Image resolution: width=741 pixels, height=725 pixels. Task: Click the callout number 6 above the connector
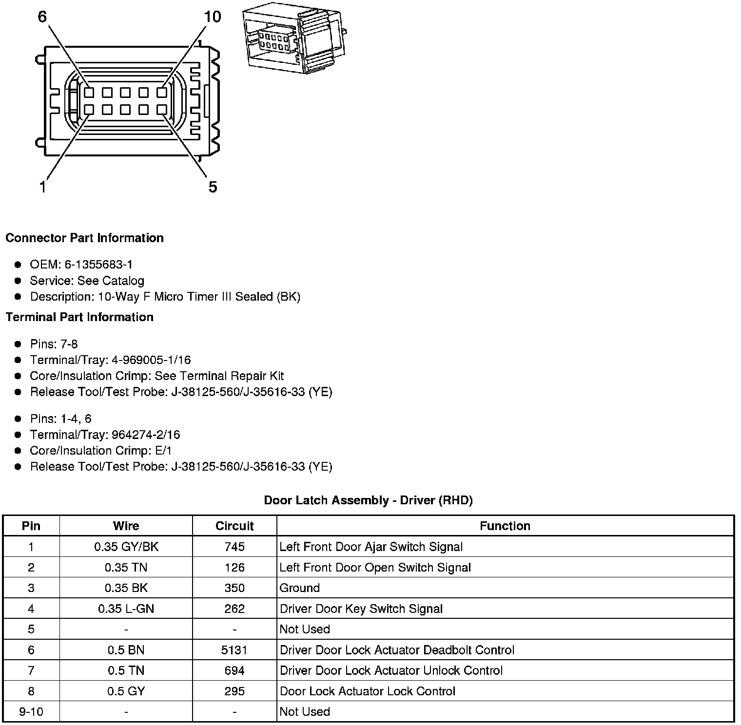click(42, 17)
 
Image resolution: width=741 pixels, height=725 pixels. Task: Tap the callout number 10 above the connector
click(213, 17)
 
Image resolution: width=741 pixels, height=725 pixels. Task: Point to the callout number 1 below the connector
click(43, 187)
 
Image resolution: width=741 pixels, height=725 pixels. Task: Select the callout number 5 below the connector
click(213, 187)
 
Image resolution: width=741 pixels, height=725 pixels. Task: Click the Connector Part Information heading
click(84, 238)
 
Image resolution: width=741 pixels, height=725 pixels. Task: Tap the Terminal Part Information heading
click(79, 317)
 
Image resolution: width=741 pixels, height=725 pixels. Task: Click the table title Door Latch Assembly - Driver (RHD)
click(368, 500)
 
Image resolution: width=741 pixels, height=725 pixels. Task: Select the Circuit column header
click(234, 526)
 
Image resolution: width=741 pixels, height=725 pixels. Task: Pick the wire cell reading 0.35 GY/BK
click(126, 547)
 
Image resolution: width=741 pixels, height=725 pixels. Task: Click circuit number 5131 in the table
click(234, 650)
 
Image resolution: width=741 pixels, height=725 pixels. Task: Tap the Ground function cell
click(299, 588)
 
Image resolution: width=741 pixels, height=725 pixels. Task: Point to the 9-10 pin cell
click(31, 712)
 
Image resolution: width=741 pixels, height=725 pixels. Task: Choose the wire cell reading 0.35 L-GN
click(126, 609)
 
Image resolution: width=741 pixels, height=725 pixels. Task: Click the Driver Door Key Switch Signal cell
click(361, 609)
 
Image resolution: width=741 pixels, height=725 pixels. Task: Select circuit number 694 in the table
click(234, 670)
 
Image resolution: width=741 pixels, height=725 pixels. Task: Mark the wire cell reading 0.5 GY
click(126, 691)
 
